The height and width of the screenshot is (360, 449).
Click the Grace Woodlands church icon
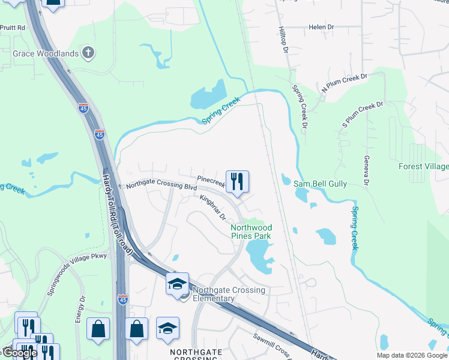(x=88, y=53)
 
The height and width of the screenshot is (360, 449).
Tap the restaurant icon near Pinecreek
(x=237, y=180)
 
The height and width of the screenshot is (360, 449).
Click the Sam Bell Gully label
(x=320, y=184)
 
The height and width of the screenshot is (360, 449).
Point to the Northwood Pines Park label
(x=252, y=232)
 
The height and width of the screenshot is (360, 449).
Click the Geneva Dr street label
(x=366, y=170)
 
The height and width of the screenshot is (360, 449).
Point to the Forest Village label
(x=424, y=166)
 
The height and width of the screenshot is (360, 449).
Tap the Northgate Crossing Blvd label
(x=161, y=186)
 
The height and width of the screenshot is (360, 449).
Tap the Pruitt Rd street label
(x=13, y=28)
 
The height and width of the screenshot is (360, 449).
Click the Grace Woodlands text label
(x=46, y=53)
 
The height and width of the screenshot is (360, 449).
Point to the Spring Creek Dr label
(x=300, y=107)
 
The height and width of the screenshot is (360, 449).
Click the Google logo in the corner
(x=19, y=353)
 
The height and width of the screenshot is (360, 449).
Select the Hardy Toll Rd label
(x=118, y=216)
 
